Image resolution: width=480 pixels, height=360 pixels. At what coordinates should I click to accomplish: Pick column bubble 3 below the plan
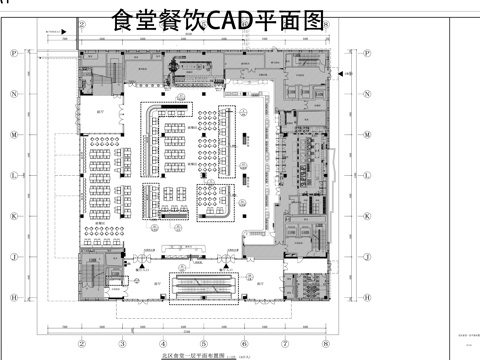[121, 342]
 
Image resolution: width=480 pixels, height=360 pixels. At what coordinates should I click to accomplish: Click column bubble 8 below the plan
[326, 342]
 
